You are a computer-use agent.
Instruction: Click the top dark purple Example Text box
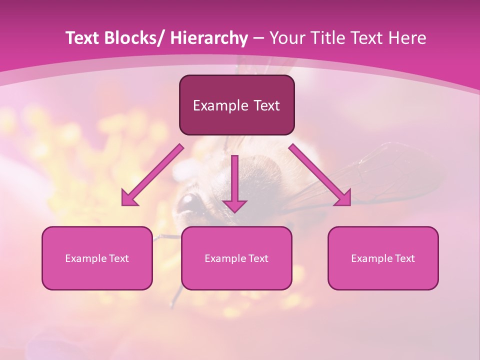click(x=236, y=105)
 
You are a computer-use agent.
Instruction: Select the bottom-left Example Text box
click(x=97, y=258)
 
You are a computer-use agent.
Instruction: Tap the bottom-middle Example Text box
click(x=236, y=258)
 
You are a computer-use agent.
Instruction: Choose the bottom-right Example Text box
click(x=383, y=258)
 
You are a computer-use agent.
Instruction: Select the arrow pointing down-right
click(x=320, y=175)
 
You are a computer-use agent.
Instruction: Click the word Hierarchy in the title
click(x=208, y=38)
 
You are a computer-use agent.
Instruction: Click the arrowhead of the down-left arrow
click(x=129, y=198)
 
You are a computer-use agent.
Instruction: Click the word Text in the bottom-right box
click(x=404, y=258)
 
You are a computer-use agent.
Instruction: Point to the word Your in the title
click(x=287, y=38)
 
